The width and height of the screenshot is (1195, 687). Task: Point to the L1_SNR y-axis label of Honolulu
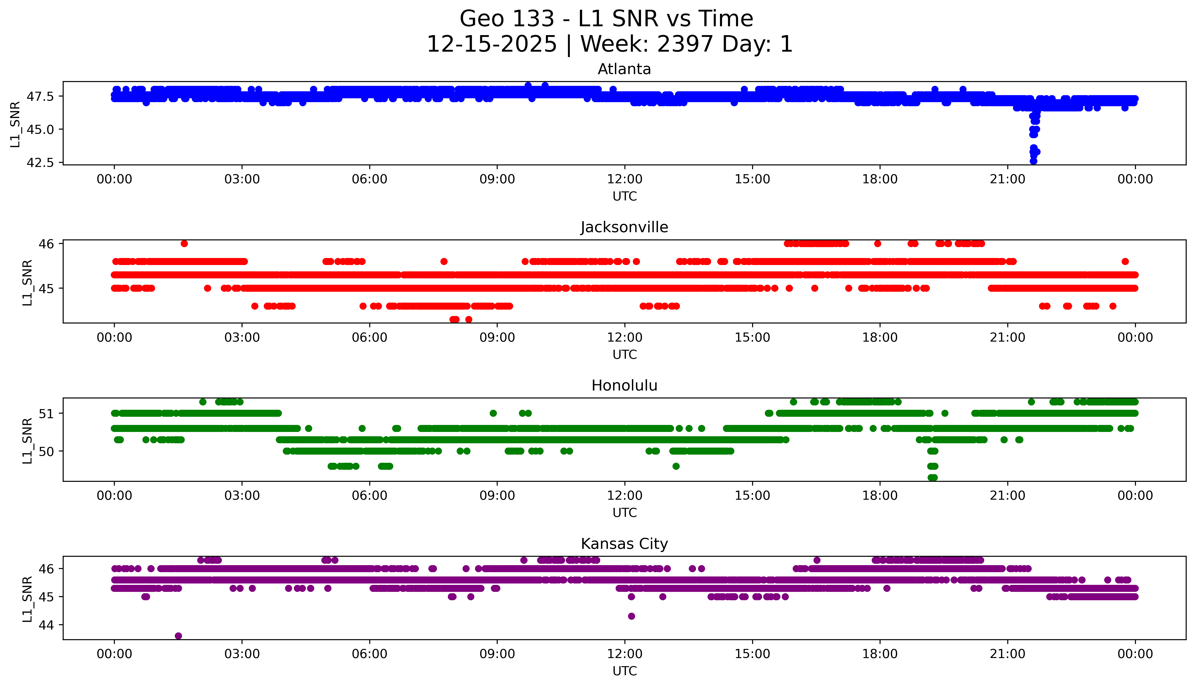tap(27, 441)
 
